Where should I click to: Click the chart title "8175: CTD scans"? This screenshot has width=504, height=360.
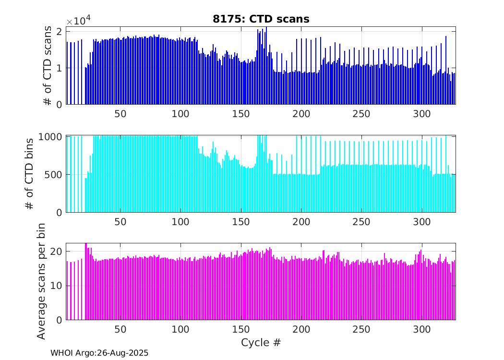point(261,19)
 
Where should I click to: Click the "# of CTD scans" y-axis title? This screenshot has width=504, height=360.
point(48,66)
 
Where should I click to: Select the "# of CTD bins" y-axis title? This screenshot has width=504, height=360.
point(30,174)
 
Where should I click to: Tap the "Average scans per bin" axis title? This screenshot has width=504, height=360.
point(42,281)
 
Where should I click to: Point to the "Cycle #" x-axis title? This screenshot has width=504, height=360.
point(261,343)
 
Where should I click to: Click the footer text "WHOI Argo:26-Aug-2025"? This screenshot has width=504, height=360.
point(99,353)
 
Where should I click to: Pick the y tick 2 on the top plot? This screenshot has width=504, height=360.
point(59,32)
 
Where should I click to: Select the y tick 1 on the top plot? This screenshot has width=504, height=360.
point(59,68)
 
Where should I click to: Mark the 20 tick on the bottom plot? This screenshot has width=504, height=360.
point(56,252)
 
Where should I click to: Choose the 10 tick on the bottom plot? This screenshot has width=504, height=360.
point(56,286)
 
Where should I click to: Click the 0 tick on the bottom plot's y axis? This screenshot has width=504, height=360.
point(59,320)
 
